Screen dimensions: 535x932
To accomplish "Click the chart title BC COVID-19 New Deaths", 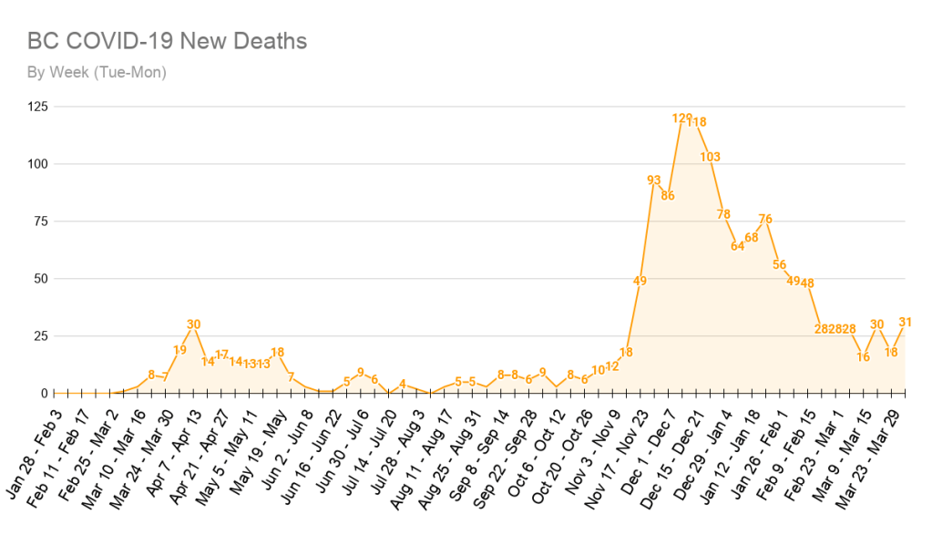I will pos(167,41).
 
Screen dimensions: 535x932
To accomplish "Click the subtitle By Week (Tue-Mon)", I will pos(97,72).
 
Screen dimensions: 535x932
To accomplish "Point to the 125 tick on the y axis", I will pos(38,107).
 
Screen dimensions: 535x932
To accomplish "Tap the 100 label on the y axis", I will pos(38,164).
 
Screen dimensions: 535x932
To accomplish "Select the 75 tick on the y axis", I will pos(42,221).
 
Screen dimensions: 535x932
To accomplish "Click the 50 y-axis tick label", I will pos(42,279).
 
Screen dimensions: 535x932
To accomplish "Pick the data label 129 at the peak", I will pos(682,118).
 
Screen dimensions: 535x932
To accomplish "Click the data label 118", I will pos(697,122).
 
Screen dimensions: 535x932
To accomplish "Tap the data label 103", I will pos(711,157).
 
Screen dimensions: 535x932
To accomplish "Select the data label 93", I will pos(654,180).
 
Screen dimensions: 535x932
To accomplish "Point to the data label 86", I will pos(668,195).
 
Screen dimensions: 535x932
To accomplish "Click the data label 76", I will pos(765,219).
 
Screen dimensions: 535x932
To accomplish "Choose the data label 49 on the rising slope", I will pos(640,281).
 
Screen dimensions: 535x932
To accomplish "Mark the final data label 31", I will pos(905,322).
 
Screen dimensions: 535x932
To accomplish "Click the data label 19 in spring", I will pos(179,350).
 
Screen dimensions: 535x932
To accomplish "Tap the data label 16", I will pos(863,356).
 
